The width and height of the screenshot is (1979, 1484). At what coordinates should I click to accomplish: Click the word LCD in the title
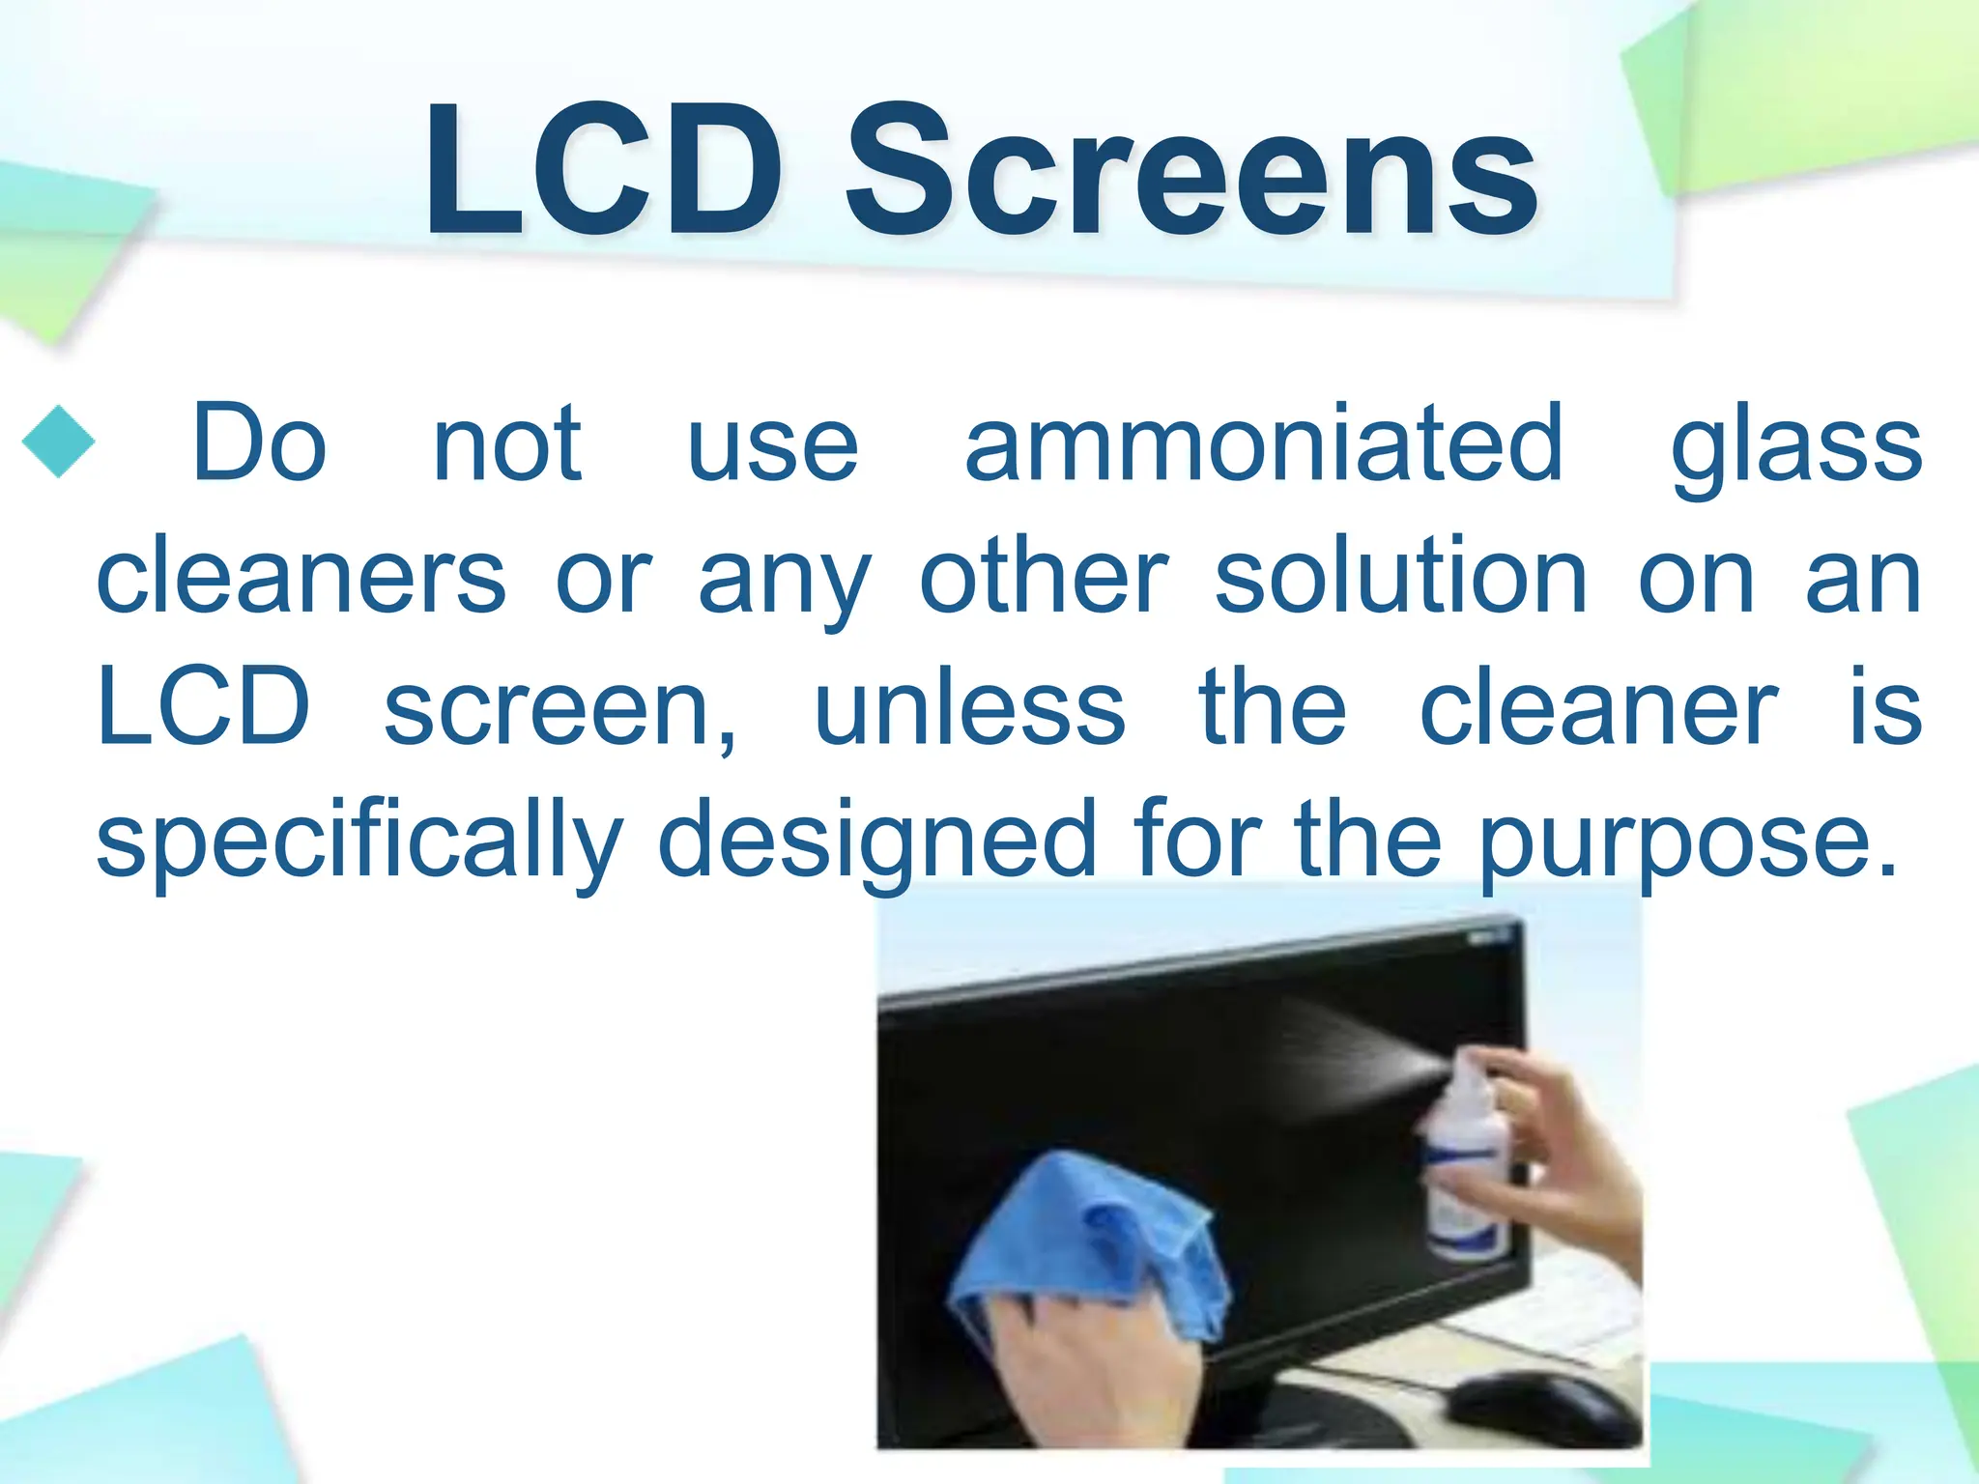click(603, 172)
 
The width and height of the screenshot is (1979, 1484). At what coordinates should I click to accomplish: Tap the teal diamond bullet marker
click(58, 442)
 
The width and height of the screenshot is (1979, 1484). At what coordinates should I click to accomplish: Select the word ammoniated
click(1264, 442)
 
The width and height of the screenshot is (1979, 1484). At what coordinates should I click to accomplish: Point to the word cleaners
click(301, 577)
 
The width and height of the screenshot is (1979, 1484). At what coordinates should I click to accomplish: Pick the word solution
click(1400, 577)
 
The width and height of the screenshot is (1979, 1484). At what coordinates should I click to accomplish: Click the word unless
click(970, 708)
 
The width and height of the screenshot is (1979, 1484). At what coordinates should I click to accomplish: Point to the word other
click(1045, 577)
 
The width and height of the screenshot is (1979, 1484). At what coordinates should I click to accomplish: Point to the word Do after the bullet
click(259, 442)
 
